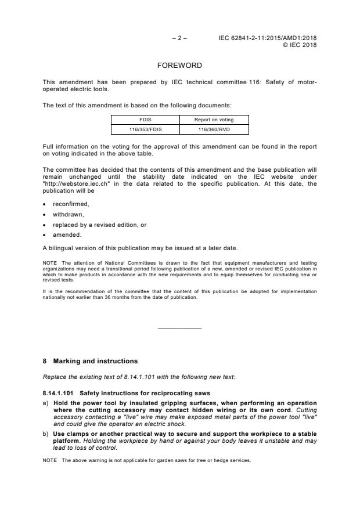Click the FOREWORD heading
179,66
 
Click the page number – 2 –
179,38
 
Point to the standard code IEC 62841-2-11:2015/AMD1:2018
268,38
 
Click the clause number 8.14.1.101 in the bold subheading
60,393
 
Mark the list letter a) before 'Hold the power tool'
46,403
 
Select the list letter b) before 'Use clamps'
46,434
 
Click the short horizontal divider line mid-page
179,329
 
